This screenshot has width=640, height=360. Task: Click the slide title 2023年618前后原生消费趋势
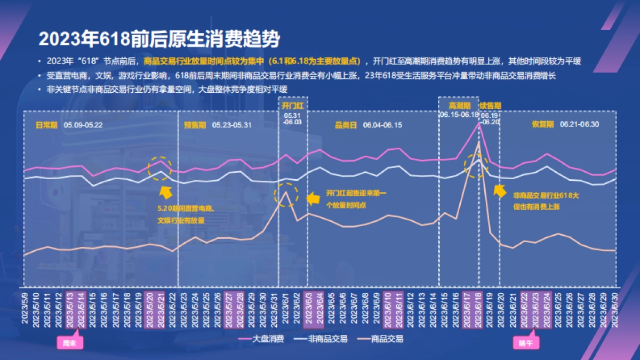pyautogui.click(x=158, y=39)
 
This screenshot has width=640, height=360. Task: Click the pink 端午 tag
pyautogui.click(x=526, y=343)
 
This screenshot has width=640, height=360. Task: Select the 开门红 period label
pyautogui.click(x=293, y=106)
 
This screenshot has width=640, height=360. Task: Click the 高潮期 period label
pyautogui.click(x=459, y=106)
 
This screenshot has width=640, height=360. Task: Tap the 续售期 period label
pyautogui.click(x=490, y=106)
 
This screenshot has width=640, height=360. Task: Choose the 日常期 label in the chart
pyautogui.click(x=46, y=125)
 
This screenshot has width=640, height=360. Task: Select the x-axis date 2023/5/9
pyautogui.click(x=25, y=307)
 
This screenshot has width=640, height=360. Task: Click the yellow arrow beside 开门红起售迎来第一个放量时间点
pyautogui.click(x=314, y=199)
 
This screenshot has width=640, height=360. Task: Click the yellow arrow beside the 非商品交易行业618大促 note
pyautogui.click(x=499, y=191)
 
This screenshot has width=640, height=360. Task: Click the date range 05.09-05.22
pyautogui.click(x=83, y=125)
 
